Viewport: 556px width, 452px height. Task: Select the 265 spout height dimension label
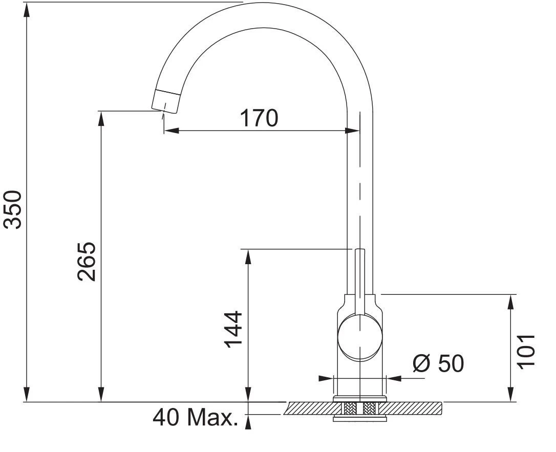click(x=87, y=262)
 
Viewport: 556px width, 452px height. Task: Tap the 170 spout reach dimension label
click(x=259, y=118)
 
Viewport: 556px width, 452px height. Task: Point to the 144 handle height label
click(x=233, y=329)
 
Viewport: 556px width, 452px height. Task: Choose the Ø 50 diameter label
click(x=438, y=363)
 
